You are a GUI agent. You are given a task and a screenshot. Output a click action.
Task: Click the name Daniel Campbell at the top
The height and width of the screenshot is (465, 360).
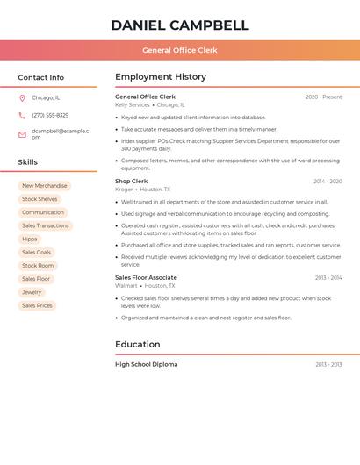tap(180, 25)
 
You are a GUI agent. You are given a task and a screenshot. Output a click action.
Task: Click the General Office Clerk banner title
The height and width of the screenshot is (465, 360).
tap(180, 50)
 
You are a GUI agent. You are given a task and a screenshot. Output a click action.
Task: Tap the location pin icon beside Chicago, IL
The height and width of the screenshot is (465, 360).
tap(22, 98)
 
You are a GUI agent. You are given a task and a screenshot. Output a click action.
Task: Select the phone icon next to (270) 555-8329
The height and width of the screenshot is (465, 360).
tap(22, 115)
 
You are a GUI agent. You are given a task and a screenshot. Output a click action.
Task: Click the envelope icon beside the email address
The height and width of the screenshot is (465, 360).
tap(22, 134)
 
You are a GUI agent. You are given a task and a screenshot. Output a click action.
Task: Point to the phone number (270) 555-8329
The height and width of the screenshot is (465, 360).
tap(50, 115)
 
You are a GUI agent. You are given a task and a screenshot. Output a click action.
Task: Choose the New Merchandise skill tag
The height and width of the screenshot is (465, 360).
tap(44, 186)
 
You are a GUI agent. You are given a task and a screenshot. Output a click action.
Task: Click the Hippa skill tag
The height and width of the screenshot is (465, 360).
tap(30, 239)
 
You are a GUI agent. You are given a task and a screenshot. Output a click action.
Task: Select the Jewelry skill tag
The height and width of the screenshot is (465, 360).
tap(32, 292)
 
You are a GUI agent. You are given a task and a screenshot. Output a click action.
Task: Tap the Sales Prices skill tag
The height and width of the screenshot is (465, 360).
tap(37, 305)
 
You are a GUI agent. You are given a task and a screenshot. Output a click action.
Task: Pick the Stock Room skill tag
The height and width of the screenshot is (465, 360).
tap(38, 265)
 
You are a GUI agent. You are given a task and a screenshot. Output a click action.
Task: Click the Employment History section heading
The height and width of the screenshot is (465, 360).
tap(160, 77)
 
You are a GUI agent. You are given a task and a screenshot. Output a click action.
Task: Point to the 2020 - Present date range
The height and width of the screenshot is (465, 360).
tap(323, 97)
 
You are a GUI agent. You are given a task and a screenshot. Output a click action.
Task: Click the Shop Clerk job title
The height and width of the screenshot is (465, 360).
tap(132, 181)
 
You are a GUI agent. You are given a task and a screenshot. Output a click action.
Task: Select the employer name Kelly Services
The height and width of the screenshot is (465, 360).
tap(133, 104)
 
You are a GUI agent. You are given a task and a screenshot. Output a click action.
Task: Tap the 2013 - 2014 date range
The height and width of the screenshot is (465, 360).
tap(328, 277)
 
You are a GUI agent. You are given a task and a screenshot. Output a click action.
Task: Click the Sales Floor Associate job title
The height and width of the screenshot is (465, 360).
tap(146, 277)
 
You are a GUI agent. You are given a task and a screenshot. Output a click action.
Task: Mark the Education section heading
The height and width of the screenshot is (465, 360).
tap(138, 344)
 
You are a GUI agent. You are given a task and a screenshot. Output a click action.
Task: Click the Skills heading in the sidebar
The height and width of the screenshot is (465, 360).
tap(28, 161)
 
